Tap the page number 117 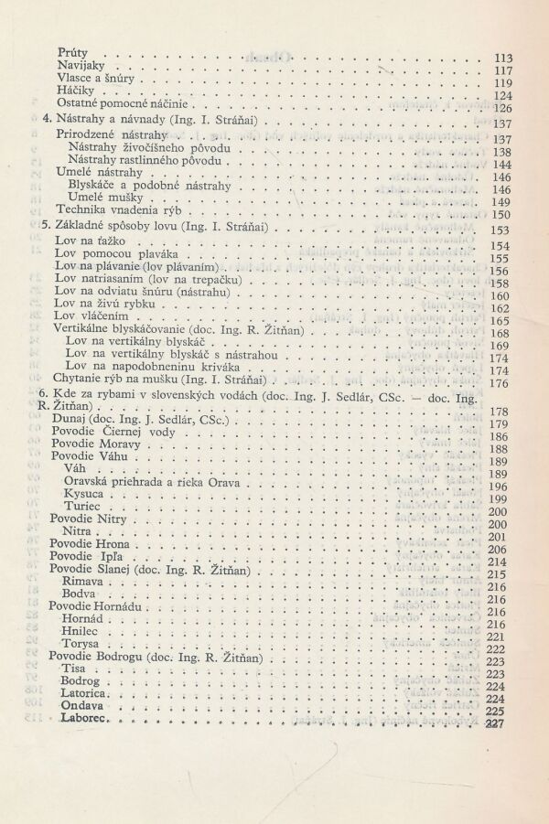pos(501,71)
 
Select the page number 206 pos(501,550)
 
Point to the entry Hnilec pos(81,631)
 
